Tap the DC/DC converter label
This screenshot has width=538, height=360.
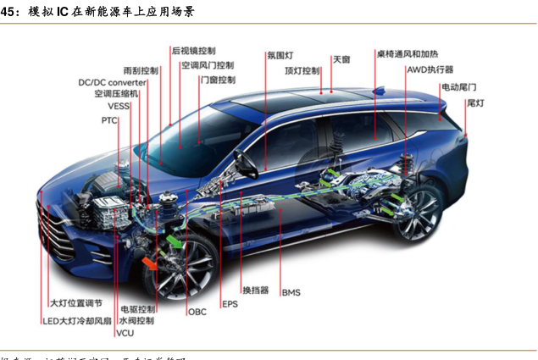coord(112,83)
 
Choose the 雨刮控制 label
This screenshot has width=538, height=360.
coord(141,69)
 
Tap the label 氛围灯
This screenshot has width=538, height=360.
coord(280,56)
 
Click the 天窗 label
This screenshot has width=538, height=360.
coord(341,59)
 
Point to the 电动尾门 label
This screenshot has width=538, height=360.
coord(458,87)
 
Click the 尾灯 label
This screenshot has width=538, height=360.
coord(474,102)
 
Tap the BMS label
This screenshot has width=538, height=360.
coord(291,292)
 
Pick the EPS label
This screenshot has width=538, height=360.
coord(230,303)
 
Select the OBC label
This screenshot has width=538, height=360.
coord(197,312)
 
